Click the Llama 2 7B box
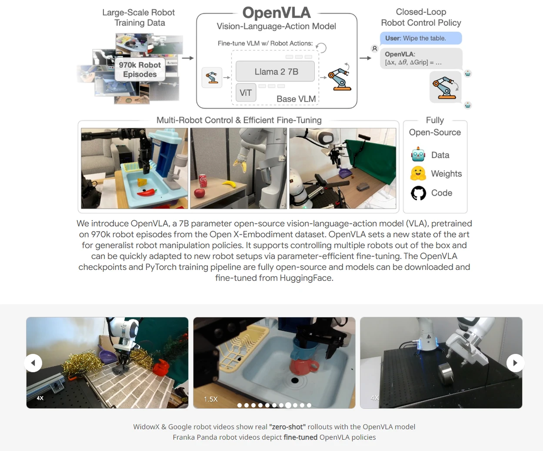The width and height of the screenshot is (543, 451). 275,72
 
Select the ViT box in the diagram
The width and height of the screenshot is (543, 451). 246,93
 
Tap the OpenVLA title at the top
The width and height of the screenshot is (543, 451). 277,13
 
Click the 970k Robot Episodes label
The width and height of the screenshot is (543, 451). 140,69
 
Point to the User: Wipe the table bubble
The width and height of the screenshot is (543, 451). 421,38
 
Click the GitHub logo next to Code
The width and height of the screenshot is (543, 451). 418,193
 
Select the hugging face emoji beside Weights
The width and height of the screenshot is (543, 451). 418,173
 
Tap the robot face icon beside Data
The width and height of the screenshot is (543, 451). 418,154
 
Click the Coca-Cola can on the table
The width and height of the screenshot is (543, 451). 203,181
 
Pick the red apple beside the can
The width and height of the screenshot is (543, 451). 199,193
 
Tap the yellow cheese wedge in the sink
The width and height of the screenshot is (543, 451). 142,182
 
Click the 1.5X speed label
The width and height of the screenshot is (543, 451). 210,399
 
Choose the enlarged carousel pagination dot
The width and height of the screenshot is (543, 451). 288,405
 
